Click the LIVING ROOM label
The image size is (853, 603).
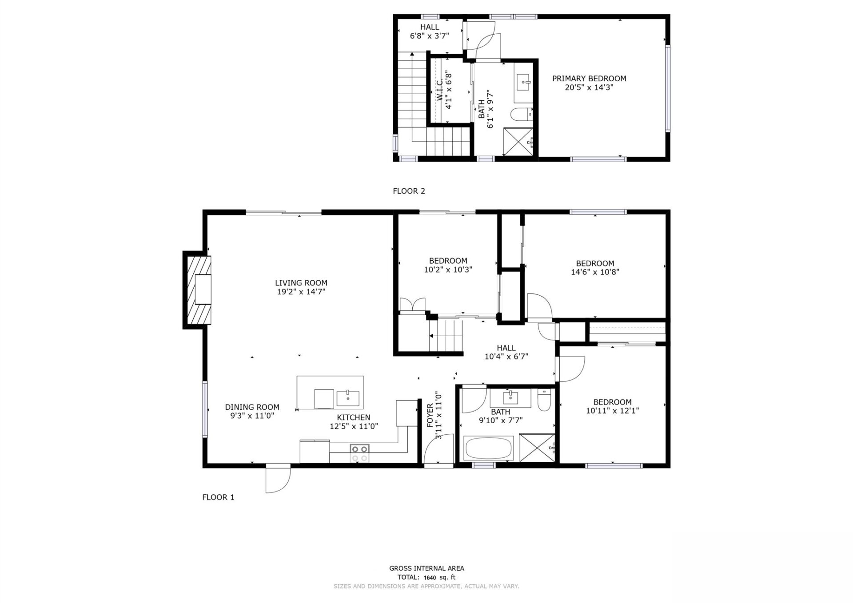tap(301, 283)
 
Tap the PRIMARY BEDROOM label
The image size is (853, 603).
tap(589, 79)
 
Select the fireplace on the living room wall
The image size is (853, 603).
tap(198, 290)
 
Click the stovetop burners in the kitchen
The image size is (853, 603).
tap(359, 453)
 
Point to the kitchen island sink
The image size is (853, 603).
tap(348, 398)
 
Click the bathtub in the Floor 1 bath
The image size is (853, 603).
tap(489, 448)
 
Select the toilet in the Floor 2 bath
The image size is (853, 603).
tap(522, 115)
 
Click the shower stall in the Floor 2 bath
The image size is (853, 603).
tap(518, 142)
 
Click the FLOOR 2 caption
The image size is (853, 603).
tap(409, 191)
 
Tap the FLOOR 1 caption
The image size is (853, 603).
tap(218, 497)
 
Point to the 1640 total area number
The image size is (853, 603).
tap(430, 578)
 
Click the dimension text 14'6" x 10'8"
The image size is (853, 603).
tap(595, 272)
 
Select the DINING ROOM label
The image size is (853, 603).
tap(252, 407)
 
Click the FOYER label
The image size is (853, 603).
tap(430, 416)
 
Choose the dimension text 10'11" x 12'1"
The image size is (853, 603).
tap(612, 411)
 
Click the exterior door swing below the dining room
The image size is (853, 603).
tap(278, 480)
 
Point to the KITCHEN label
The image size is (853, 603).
tap(354, 417)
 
